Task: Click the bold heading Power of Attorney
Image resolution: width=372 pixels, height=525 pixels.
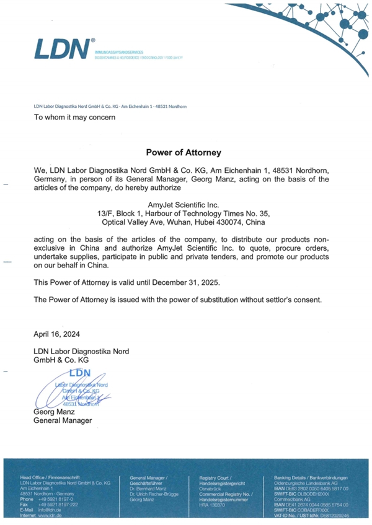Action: click(x=183, y=151)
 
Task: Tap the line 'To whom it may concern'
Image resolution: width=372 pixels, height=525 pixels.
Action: click(x=74, y=117)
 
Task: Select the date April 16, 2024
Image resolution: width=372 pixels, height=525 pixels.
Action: click(x=56, y=334)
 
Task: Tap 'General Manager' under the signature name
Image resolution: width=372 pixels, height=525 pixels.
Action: click(x=62, y=420)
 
